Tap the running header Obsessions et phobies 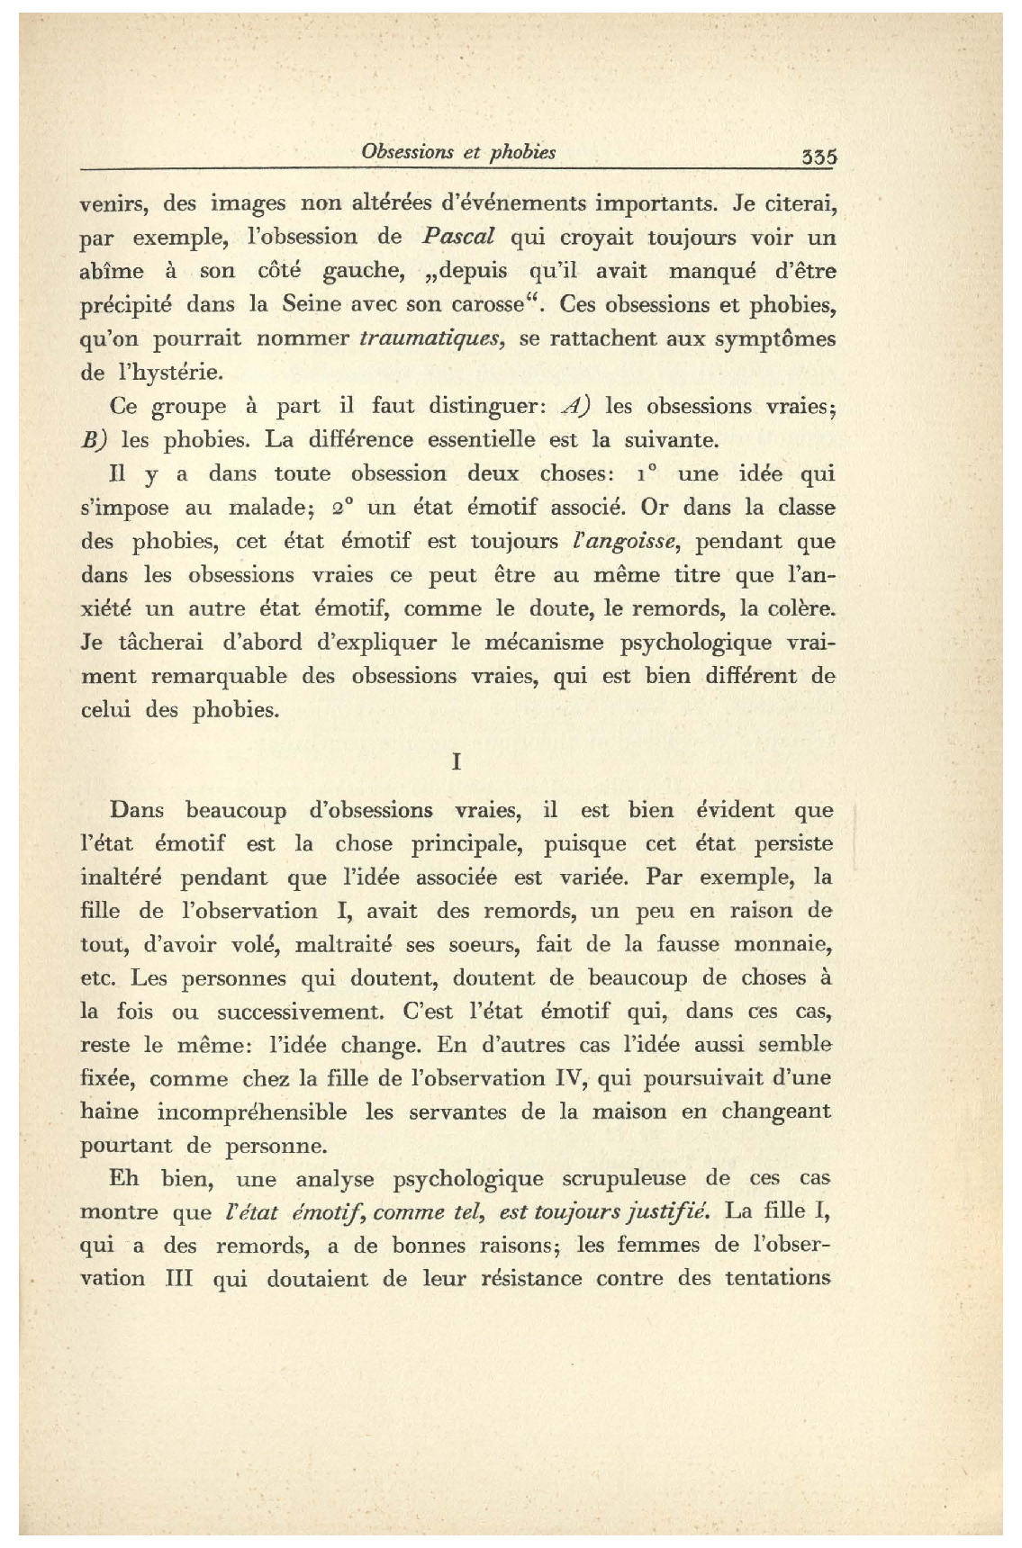pos(457,152)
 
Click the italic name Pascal pos(458,238)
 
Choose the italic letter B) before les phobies pos(95,441)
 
